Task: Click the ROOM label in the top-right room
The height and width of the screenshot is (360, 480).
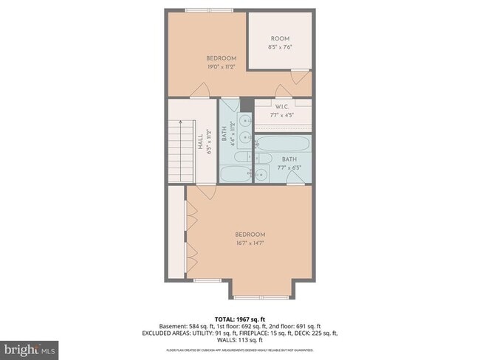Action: [280, 38]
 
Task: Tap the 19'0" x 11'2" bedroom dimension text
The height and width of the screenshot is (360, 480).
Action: [221, 67]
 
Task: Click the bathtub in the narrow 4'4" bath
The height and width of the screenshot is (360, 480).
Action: [237, 174]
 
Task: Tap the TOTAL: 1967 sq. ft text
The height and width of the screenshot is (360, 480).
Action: [240, 318]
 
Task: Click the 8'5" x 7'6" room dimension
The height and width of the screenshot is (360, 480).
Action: [280, 47]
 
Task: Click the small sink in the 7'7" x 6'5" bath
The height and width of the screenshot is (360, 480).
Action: [261, 174]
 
